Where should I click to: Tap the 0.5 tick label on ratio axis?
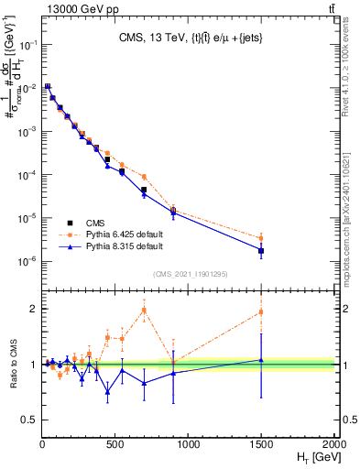pos(28,420)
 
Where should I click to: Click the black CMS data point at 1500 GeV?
pos(262,250)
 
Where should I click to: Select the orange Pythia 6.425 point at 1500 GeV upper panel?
pos(262,238)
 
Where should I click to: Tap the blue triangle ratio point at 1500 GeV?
pos(262,360)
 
